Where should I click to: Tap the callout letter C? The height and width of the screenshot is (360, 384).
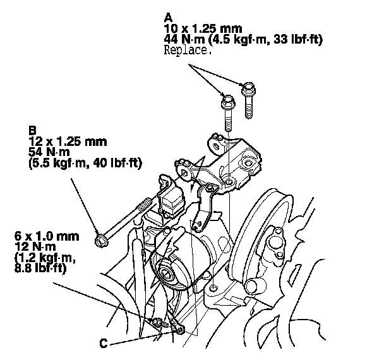(x=104, y=344)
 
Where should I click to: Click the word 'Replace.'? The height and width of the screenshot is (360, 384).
(x=187, y=51)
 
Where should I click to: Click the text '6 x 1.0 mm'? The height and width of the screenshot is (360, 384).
(x=39, y=236)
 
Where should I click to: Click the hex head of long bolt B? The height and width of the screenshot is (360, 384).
(x=99, y=240)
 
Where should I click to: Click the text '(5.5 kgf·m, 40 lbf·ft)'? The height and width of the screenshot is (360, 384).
(x=85, y=164)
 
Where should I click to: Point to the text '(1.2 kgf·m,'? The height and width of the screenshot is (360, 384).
(x=40, y=258)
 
